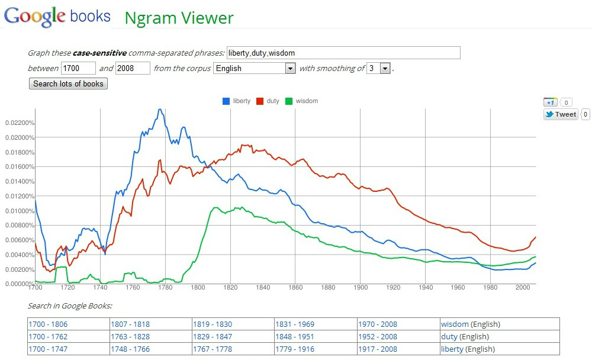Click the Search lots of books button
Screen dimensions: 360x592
pyautogui.click(x=68, y=84)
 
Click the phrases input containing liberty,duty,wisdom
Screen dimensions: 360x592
pyautogui.click(x=343, y=53)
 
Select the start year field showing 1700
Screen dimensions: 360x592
pyautogui.click(x=78, y=68)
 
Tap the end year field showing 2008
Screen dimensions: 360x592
pyautogui.click(x=133, y=68)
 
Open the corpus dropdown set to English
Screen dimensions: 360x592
pyautogui.click(x=255, y=68)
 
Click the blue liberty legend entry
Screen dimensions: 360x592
pyautogui.click(x=237, y=101)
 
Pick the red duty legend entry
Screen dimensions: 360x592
pyautogui.click(x=268, y=101)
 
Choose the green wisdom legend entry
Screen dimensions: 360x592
pyautogui.click(x=301, y=101)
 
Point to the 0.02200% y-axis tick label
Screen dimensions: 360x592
pyautogui.click(x=20, y=123)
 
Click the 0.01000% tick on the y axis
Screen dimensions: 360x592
pyautogui.click(x=20, y=211)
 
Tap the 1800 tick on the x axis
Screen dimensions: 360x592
pyautogui.click(x=198, y=288)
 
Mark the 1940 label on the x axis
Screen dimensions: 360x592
pyautogui.click(x=426, y=288)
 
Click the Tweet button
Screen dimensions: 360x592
pyautogui.click(x=561, y=114)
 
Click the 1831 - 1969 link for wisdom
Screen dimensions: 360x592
pyautogui.click(x=295, y=324)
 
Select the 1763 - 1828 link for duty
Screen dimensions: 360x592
pyautogui.click(x=130, y=337)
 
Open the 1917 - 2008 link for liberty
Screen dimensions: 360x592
pyautogui.click(x=378, y=349)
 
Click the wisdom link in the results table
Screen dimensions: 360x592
pyautogui.click(x=455, y=324)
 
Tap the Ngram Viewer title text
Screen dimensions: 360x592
pyautogui.click(x=179, y=18)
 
